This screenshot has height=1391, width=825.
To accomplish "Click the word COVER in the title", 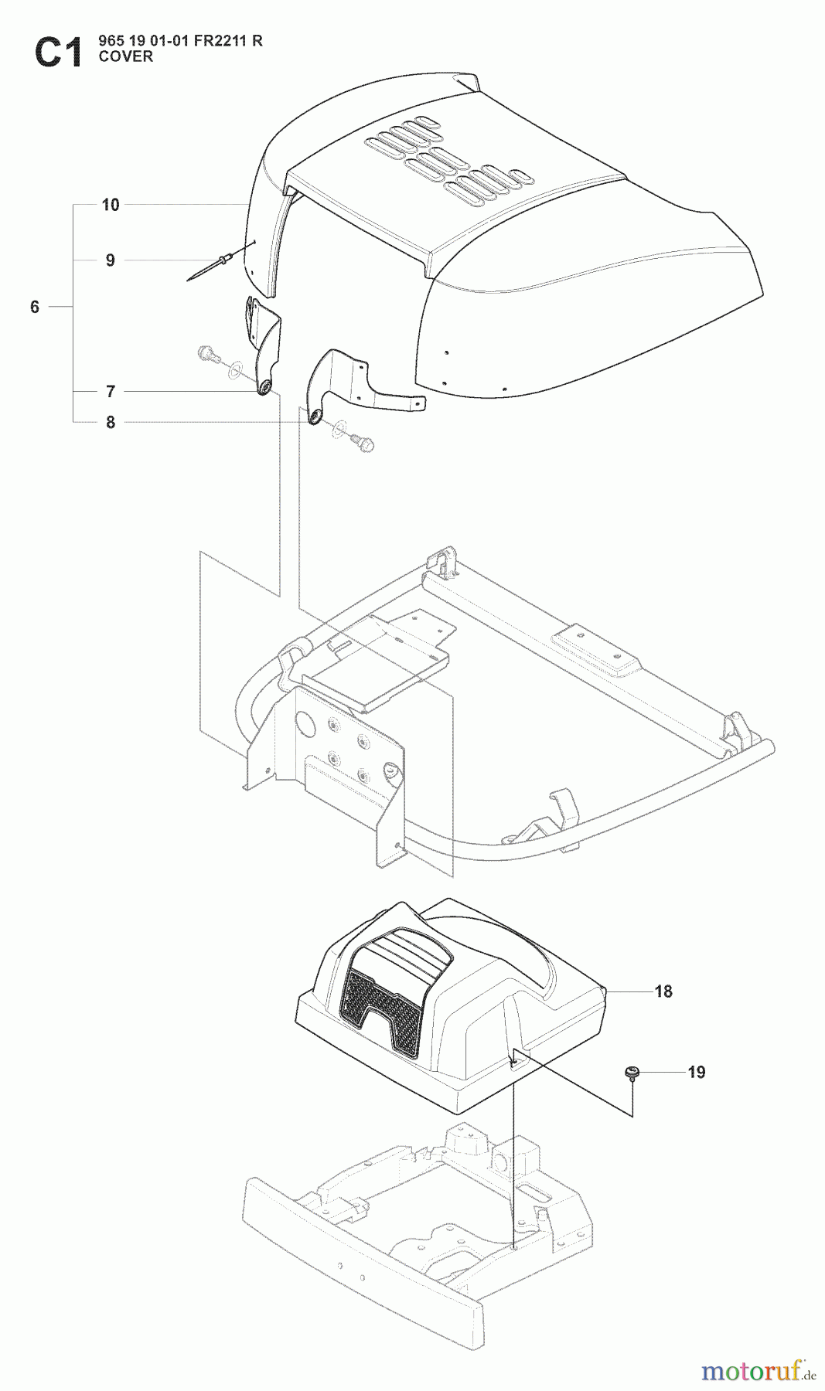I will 126,56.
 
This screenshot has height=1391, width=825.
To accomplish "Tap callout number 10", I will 111,205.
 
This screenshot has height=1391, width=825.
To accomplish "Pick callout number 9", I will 111,260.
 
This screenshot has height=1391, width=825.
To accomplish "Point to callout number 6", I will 35,307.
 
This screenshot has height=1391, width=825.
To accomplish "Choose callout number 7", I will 111,392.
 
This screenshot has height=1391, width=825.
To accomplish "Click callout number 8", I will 111,422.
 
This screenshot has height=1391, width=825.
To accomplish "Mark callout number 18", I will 663,991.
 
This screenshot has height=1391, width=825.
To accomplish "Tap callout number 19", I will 697,1073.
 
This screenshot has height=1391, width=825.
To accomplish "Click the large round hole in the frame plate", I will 305,724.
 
